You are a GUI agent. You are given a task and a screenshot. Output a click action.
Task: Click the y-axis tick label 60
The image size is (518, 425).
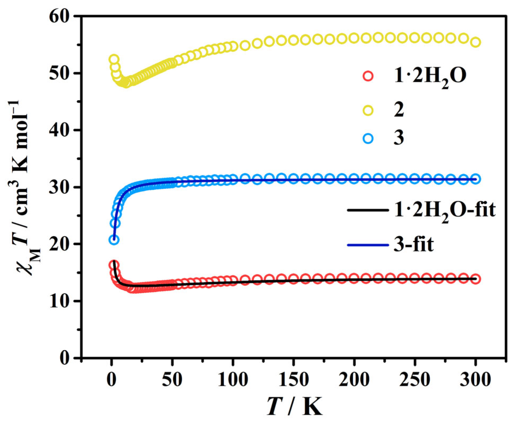coord(60,16)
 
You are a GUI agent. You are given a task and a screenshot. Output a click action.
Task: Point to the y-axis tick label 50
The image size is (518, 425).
coord(60,73)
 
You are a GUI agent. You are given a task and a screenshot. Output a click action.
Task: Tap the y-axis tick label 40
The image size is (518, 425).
coord(60,130)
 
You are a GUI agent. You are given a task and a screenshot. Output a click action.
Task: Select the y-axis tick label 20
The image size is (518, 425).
coord(60,244)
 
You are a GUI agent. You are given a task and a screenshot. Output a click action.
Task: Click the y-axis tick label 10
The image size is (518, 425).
coord(60,301)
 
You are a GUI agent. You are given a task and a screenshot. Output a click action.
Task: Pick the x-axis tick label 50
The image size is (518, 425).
coord(172,380)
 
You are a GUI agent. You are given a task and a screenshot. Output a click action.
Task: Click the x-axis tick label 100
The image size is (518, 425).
coord(233,380)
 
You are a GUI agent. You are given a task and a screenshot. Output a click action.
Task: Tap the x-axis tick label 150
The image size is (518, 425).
coord(294,380)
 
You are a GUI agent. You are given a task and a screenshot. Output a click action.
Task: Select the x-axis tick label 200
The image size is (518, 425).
coord(354,380)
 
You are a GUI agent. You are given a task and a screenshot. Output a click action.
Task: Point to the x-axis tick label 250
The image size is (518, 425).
coord(415,380)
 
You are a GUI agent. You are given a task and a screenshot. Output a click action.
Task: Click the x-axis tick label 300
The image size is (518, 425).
coord(475,380)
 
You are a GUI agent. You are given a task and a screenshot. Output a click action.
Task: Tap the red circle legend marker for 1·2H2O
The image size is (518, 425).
coord(368,76)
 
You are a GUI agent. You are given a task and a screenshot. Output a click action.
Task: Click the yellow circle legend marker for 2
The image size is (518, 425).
coord(368,110)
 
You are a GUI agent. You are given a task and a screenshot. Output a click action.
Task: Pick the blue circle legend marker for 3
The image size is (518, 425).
coord(368,138)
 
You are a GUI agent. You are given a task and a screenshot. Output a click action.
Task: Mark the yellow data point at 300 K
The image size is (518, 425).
coord(476,42)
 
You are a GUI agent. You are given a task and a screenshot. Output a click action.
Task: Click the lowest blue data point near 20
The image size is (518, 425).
coord(114,240)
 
